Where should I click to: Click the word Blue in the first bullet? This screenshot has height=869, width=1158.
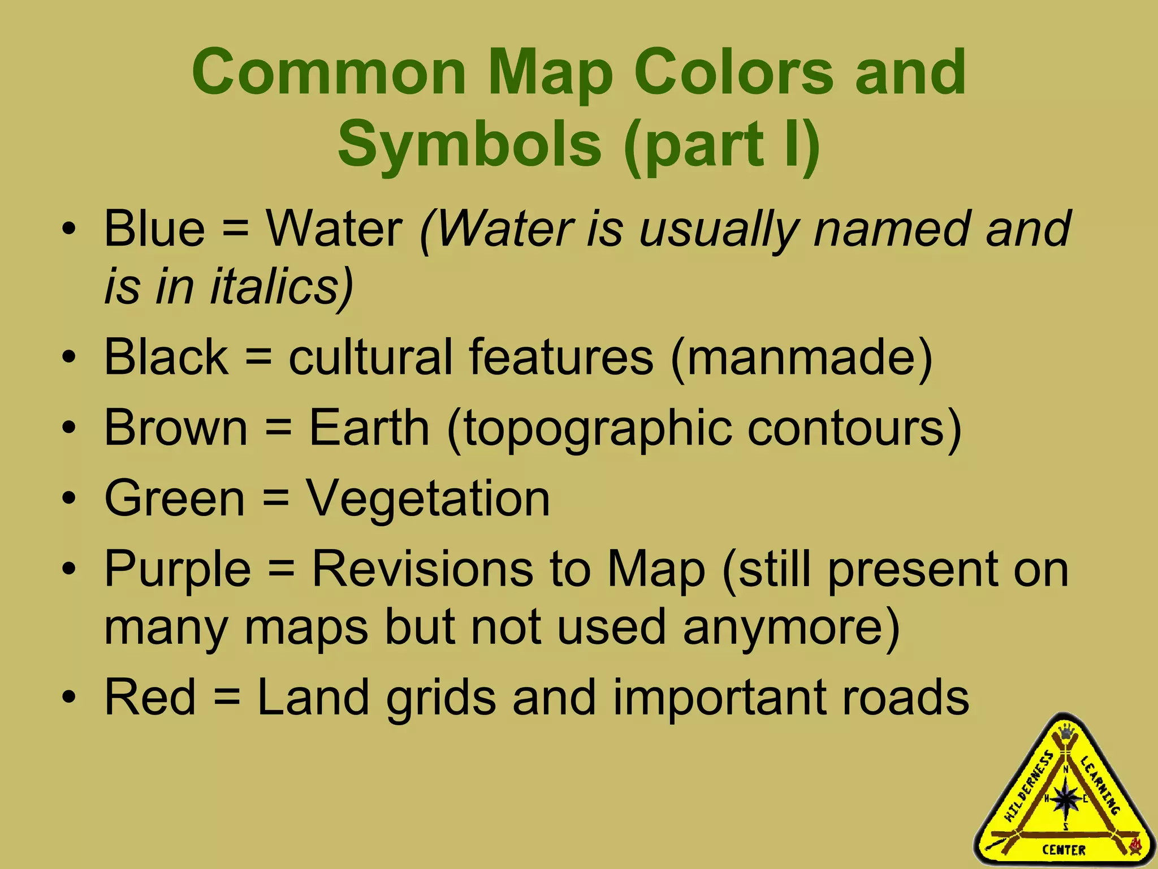(x=154, y=229)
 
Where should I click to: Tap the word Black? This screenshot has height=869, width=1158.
(x=166, y=357)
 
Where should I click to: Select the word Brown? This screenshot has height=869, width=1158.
(x=176, y=428)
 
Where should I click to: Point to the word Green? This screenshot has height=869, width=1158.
(x=175, y=498)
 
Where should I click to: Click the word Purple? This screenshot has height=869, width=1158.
(x=178, y=569)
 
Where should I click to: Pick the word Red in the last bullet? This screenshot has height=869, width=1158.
(x=150, y=697)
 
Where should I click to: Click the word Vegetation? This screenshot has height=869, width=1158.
(x=428, y=498)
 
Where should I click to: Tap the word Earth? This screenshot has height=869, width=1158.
(x=369, y=428)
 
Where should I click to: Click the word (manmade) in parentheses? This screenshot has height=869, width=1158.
(x=801, y=357)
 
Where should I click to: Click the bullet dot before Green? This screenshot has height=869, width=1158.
(x=69, y=500)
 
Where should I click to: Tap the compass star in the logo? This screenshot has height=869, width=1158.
(x=1066, y=799)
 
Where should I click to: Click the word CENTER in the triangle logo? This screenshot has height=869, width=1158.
(x=1064, y=850)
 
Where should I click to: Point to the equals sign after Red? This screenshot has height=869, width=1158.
(x=227, y=698)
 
